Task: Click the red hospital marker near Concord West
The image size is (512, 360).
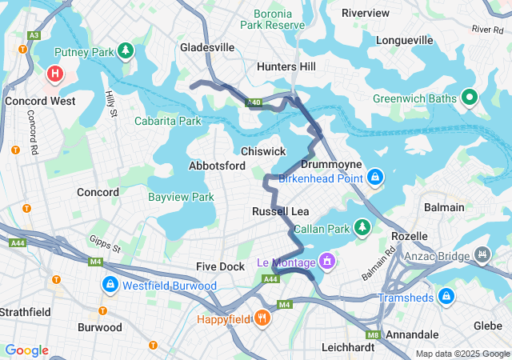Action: pyautogui.click(x=54, y=74)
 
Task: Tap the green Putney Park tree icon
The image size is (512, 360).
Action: pyautogui.click(x=125, y=53)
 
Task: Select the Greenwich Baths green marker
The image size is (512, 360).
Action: pyautogui.click(x=470, y=98)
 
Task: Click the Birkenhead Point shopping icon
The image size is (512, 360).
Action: pyautogui.click(x=374, y=176)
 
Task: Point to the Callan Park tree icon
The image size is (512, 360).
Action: pyautogui.click(x=362, y=228)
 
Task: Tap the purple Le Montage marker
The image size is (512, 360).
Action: pyautogui.click(x=325, y=261)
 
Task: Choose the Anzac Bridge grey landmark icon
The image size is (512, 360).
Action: pyautogui.click(x=482, y=255)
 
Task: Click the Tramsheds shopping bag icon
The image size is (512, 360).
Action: pyautogui.click(x=446, y=298)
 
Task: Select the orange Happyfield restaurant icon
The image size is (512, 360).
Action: pyautogui.click(x=262, y=318)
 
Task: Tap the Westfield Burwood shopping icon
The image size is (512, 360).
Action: pyautogui.click(x=109, y=285)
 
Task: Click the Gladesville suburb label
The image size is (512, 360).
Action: pyautogui.click(x=207, y=47)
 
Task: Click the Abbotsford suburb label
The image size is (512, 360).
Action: pyautogui.click(x=216, y=166)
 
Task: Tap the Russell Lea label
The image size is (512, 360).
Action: pyautogui.click(x=280, y=211)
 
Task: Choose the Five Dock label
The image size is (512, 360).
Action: pyautogui.click(x=221, y=266)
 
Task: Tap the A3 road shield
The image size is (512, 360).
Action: pyautogui.click(x=34, y=35)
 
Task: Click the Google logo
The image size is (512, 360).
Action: pyautogui.click(x=26, y=350)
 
